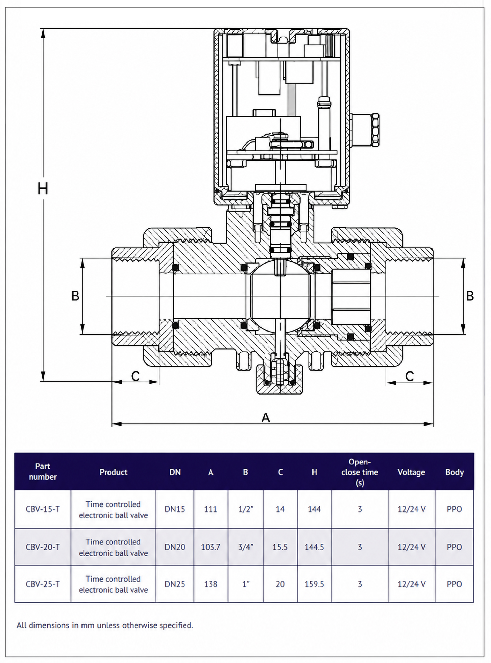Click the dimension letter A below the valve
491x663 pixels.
tap(266, 417)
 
